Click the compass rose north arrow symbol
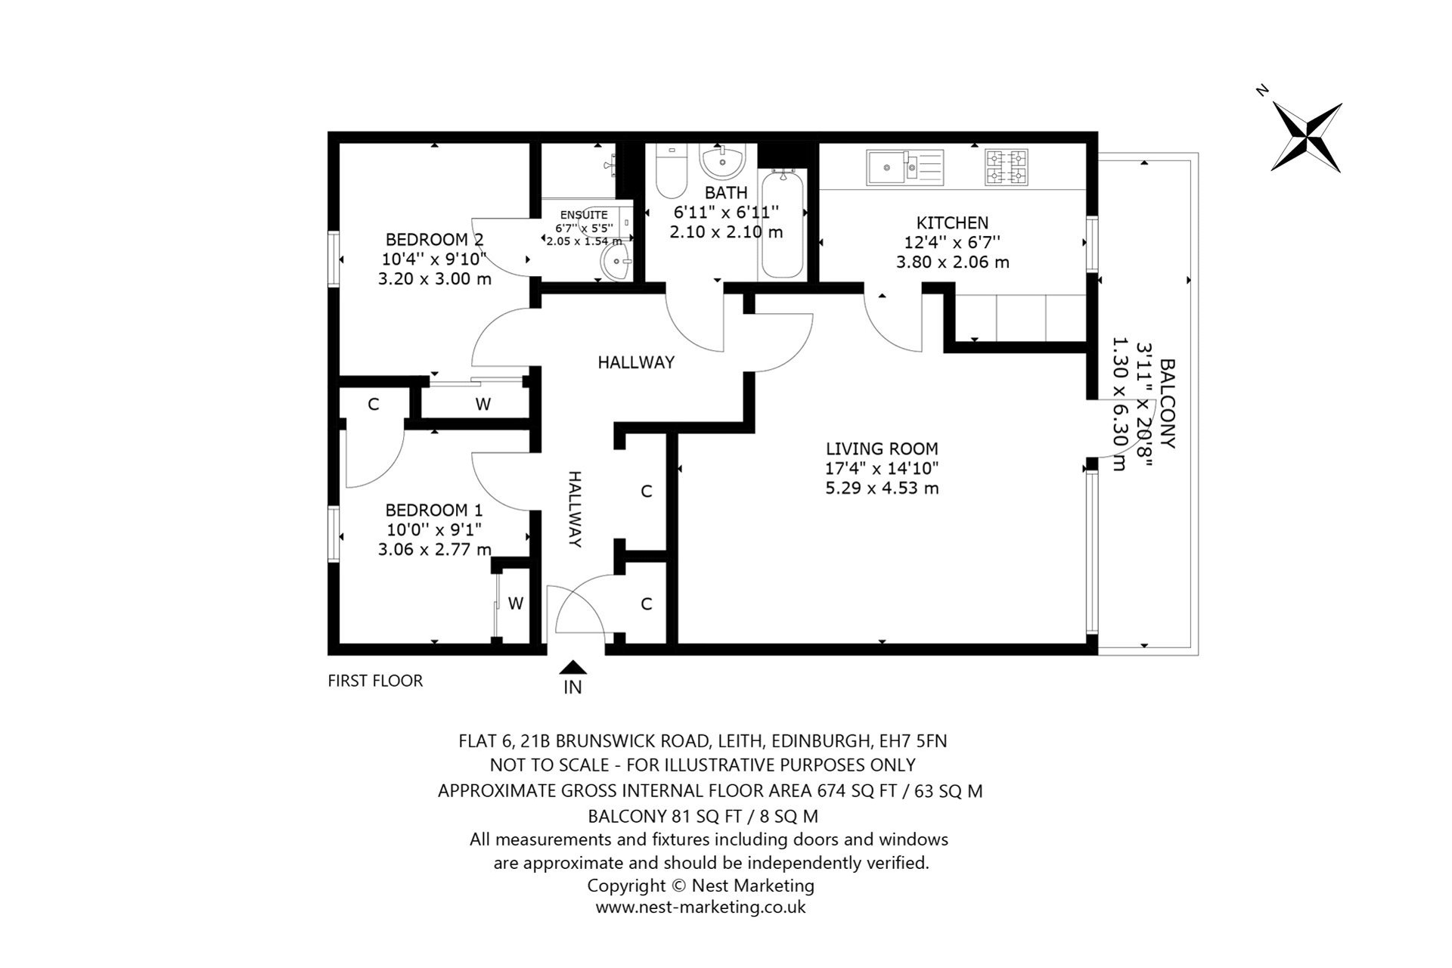point(1307,138)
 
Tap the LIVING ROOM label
point(882,448)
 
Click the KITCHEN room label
point(952,222)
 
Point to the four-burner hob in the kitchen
point(1007,167)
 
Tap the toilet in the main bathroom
point(670,172)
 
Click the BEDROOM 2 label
point(434,240)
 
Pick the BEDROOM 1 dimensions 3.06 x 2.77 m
point(434,549)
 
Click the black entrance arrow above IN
point(573,667)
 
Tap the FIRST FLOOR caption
point(375,681)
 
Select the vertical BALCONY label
point(1168,403)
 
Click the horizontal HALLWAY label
point(635,362)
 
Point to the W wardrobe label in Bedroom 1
point(516,603)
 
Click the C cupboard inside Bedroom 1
point(373,405)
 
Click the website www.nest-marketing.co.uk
point(700,907)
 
